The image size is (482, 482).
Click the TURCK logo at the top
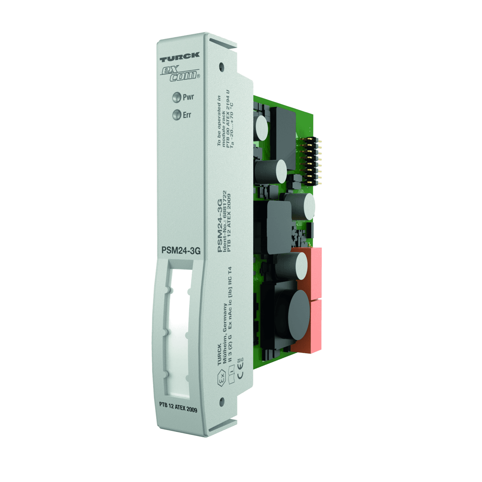179,57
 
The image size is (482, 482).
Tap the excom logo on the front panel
180,73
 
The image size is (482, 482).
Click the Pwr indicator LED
177,97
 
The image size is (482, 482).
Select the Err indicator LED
177,115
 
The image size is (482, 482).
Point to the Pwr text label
188,97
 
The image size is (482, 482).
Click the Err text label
187,115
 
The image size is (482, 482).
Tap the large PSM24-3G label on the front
181,250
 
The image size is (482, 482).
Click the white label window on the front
179,331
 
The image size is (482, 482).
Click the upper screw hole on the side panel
221,66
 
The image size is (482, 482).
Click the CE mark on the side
240,374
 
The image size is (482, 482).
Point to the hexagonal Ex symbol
221,377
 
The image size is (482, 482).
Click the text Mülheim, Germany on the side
225,333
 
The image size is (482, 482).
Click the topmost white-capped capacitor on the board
262,128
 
